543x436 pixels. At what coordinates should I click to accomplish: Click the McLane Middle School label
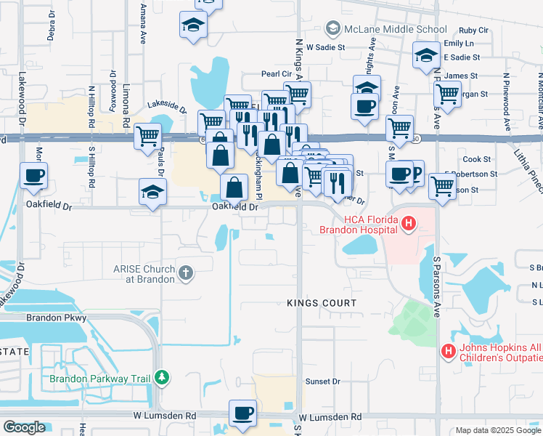[x=396, y=30]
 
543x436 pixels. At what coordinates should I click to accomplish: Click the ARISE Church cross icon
[x=186, y=273]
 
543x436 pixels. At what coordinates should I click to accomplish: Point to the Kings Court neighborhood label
[x=322, y=303]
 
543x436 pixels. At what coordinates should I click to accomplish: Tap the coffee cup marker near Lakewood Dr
[x=34, y=175]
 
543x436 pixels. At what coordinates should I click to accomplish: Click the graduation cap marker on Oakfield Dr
[x=153, y=192]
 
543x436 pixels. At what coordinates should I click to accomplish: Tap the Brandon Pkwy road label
[x=57, y=318]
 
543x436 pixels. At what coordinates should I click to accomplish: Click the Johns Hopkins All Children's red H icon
[x=449, y=352]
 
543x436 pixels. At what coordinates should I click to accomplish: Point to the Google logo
[x=23, y=427]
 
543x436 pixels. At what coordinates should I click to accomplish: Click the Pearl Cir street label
[x=277, y=74]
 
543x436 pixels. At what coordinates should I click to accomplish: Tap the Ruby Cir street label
[x=473, y=31]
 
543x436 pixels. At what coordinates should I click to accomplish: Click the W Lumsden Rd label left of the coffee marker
[x=165, y=416]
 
